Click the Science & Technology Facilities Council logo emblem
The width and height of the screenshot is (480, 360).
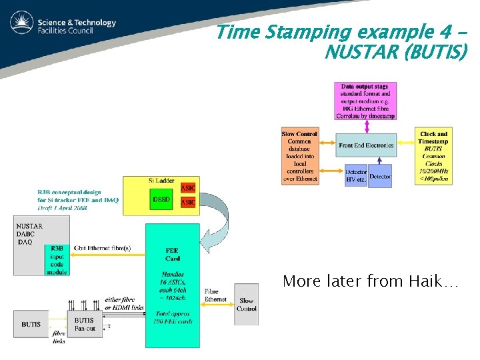22,23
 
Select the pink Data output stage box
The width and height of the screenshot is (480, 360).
365,101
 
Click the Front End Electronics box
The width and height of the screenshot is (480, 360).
366,145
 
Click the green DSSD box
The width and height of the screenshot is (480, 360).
161,199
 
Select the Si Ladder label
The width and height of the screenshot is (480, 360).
161,181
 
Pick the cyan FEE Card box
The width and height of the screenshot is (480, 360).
172,285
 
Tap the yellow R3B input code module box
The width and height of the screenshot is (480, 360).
57,260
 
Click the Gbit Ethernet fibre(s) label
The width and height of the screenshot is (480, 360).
102,249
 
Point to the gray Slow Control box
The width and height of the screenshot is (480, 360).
246,305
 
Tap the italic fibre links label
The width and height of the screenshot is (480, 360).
59,337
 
